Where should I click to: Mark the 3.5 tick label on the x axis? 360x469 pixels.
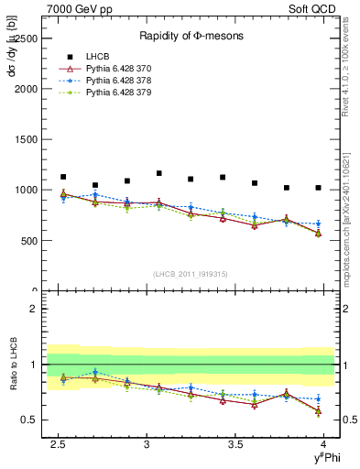[x=236, y=445]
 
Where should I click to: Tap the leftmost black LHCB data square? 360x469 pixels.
[x=63, y=177]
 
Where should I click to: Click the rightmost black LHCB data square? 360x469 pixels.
[x=318, y=188]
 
